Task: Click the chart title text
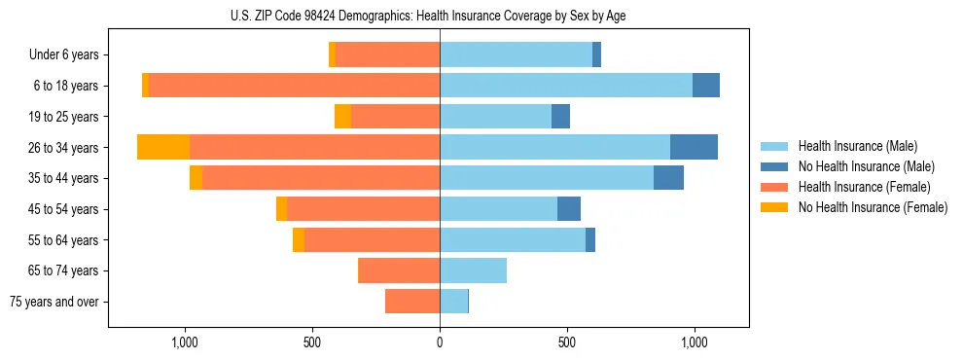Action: tap(440, 15)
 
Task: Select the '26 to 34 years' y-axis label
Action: tap(66, 148)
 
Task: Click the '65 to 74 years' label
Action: tap(66, 270)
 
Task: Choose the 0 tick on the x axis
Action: tap(440, 342)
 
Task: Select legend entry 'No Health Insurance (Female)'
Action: tap(873, 207)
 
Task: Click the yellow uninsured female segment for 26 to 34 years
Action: tap(163, 147)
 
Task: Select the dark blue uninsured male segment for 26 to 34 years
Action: tap(694, 147)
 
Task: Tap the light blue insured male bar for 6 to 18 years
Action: tap(566, 86)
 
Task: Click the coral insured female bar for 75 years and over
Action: tap(412, 302)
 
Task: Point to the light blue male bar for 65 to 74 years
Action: tap(473, 270)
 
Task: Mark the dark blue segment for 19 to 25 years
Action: tap(560, 117)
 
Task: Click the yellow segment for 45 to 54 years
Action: tap(281, 209)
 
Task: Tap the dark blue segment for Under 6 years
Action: tap(596, 55)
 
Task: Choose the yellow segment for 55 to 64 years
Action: tap(299, 240)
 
